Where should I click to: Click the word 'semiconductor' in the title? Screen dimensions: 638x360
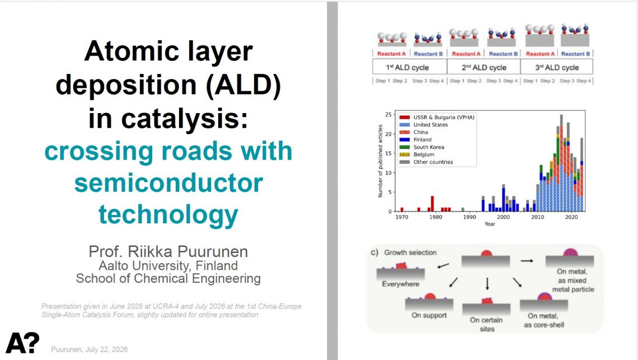point(168,184)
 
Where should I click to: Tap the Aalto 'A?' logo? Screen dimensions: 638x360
point(23,343)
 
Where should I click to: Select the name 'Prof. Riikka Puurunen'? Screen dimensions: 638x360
point(168,252)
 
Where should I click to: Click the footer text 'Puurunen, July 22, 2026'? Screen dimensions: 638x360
point(89,349)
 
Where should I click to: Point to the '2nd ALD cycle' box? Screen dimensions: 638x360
point(484,67)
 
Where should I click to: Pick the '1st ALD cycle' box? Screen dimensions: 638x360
point(410,67)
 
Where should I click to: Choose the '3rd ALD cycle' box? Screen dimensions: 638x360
point(557,67)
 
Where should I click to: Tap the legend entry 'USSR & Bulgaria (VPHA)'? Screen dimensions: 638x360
point(437,117)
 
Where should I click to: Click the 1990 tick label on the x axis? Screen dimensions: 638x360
point(469,217)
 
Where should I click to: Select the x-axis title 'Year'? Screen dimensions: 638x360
point(490,224)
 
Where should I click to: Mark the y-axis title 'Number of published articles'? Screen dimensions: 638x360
point(381,161)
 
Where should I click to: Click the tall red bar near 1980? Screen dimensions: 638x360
point(432,204)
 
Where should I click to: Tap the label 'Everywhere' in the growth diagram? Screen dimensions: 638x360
point(400,284)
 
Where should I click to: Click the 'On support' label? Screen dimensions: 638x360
point(429,315)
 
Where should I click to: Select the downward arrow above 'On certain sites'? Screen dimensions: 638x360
point(487,283)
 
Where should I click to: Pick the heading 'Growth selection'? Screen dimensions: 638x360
point(410,253)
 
